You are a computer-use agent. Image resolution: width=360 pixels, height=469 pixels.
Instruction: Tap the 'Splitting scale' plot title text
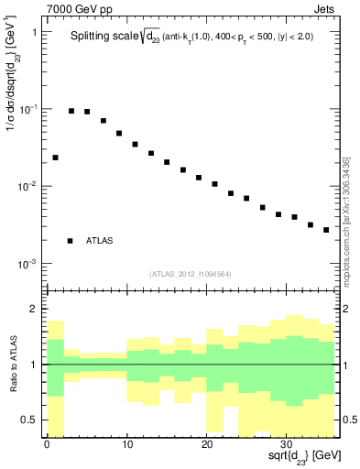[x=110, y=38]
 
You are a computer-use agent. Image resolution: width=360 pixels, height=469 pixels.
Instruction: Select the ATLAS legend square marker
[x=71, y=241]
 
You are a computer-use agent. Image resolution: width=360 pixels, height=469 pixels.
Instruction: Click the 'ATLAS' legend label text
[x=100, y=241]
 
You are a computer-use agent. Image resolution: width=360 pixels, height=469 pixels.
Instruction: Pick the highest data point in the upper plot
[x=71, y=111]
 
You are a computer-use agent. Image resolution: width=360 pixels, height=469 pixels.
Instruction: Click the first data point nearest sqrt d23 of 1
[x=55, y=158]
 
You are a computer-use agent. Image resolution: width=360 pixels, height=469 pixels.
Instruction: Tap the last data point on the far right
[x=326, y=230]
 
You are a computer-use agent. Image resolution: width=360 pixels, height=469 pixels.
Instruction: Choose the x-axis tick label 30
[x=287, y=446]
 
